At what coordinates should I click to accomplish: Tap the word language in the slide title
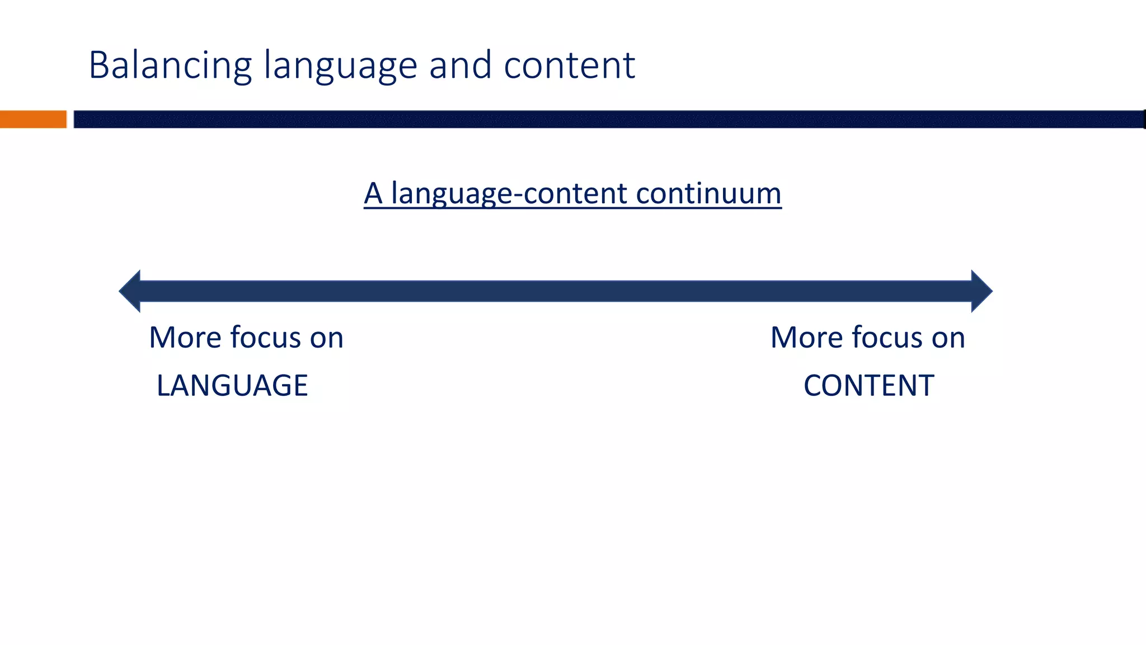tap(340, 66)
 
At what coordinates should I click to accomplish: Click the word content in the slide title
tap(569, 66)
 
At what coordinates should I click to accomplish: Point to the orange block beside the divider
tap(33, 119)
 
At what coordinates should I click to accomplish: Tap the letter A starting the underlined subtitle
tap(373, 194)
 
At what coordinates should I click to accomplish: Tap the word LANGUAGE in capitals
tap(232, 386)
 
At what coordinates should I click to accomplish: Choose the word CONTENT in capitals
tap(868, 386)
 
